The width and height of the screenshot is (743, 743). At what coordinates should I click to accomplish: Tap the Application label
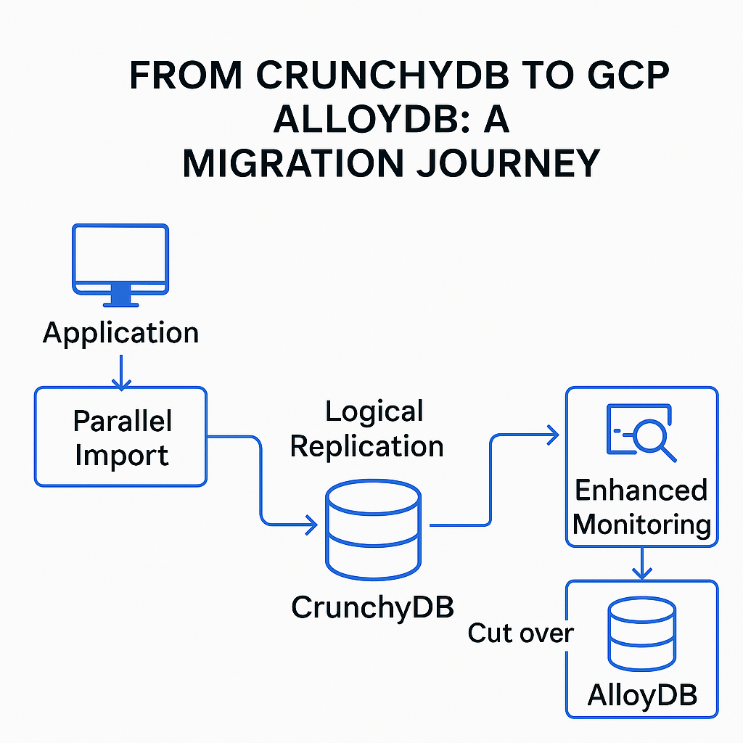click(x=120, y=333)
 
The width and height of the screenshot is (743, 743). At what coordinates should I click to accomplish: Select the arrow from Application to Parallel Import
click(x=121, y=371)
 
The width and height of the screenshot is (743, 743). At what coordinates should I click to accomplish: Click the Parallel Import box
click(x=121, y=437)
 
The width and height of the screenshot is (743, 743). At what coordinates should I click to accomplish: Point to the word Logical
click(x=374, y=413)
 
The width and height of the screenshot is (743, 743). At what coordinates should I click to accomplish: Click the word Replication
click(x=367, y=446)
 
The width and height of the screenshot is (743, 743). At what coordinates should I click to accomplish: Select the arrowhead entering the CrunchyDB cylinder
click(x=312, y=525)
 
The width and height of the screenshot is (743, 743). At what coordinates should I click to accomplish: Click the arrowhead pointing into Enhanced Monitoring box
click(x=553, y=435)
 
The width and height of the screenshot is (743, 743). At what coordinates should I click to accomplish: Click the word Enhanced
click(x=641, y=490)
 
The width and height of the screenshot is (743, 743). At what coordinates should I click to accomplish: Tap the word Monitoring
click(x=641, y=524)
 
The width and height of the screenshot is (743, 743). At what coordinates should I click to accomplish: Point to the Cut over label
click(x=520, y=633)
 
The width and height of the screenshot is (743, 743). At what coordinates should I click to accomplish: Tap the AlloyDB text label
click(x=641, y=695)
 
